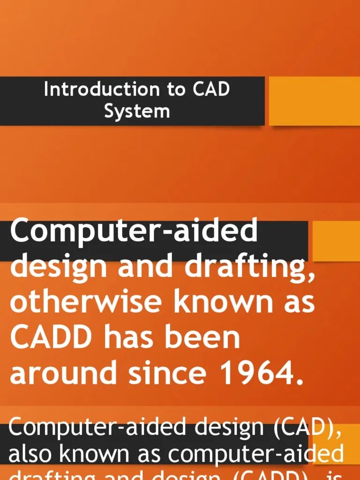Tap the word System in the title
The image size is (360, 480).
[x=136, y=111]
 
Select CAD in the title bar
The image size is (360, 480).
[x=210, y=89]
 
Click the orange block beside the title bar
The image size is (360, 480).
[x=314, y=101]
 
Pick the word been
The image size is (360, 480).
[x=206, y=337]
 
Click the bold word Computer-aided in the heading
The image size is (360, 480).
[x=134, y=232]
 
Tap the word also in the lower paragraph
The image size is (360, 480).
[x=30, y=454]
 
